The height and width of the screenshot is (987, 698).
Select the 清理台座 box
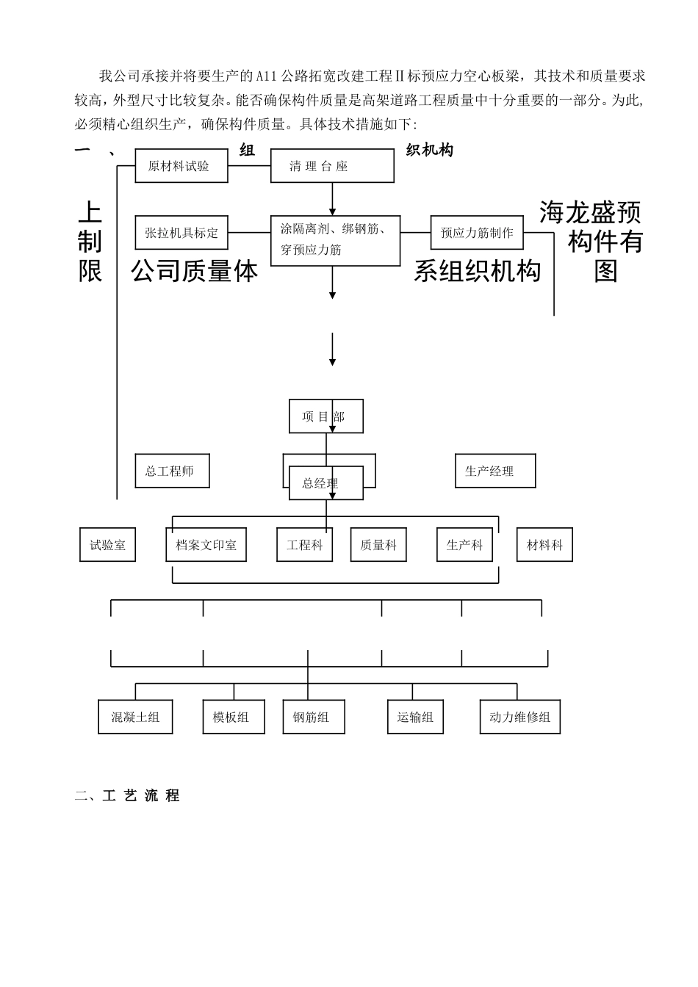coord(332,166)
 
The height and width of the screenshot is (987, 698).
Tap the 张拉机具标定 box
coord(181,233)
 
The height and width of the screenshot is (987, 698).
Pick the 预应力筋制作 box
coord(477,233)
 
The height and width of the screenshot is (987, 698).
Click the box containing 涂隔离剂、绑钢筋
coord(335,239)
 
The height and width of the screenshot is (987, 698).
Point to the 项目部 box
coord(325,416)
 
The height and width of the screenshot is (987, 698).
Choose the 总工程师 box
coord(172,471)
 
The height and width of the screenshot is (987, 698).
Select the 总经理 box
coord(325,483)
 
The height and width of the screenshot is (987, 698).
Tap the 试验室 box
coord(107,545)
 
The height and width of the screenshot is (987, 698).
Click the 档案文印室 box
coord(206,545)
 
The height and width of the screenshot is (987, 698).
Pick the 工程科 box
coord(304,545)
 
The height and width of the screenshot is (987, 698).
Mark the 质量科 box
coord(378,545)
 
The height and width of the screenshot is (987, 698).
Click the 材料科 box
coord(544,545)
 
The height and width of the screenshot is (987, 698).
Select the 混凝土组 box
coord(135,717)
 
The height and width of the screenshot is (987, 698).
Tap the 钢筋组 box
coord(311,717)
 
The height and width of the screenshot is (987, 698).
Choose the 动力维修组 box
coord(519,717)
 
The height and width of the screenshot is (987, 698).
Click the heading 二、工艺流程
coord(128,795)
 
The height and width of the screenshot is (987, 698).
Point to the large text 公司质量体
coord(195,272)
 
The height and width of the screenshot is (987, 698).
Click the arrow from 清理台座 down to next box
coord(332,198)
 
